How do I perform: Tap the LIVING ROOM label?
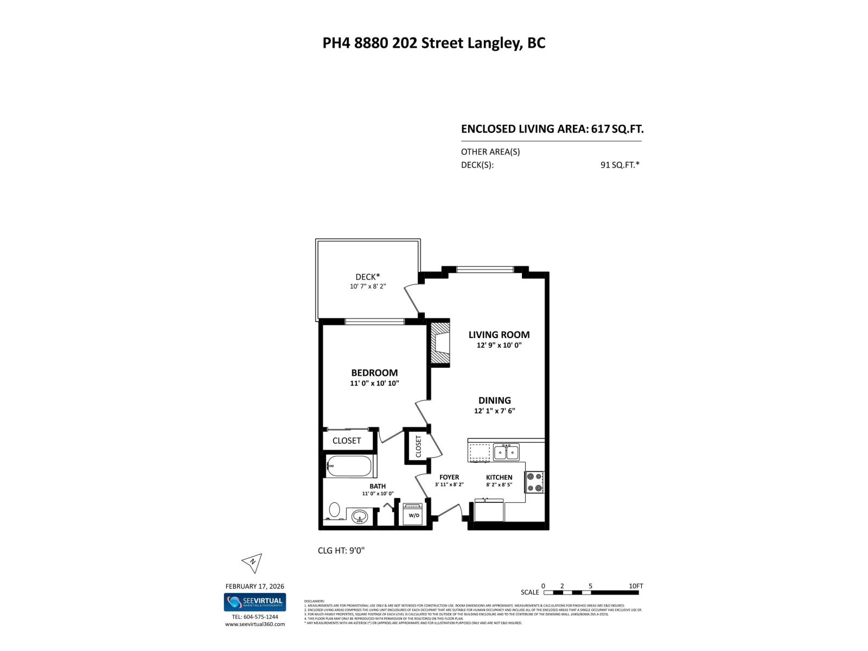coord(499,335)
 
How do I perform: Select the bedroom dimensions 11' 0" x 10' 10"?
coord(374,384)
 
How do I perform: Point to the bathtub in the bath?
coord(349,466)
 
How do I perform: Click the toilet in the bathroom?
coord(334,510)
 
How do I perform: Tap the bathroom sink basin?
coord(359,516)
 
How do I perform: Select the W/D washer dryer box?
coord(413,514)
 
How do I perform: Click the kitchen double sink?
coord(506,452)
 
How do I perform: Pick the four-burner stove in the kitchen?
coord(534,481)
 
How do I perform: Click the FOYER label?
coord(449,477)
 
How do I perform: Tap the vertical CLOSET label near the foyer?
coord(418,446)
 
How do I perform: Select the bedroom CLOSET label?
coord(347,441)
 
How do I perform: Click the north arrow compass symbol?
coord(252,563)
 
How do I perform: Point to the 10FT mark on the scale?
coord(635,586)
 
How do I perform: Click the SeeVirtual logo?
coord(254,602)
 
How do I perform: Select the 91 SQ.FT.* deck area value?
coord(620,165)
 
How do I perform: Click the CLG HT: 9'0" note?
coord(341,551)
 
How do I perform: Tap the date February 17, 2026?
coord(254,586)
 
